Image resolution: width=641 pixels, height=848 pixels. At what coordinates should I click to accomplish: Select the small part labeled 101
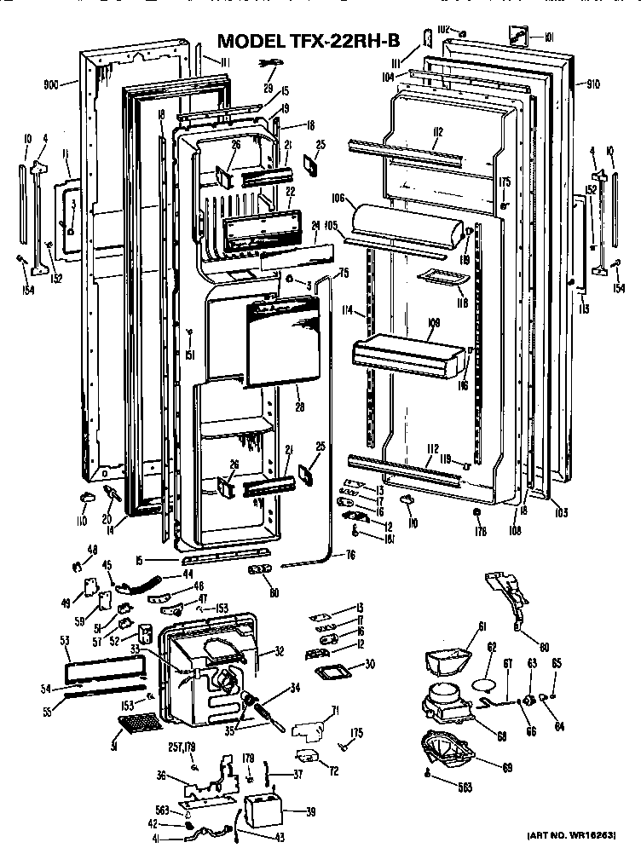click(516, 34)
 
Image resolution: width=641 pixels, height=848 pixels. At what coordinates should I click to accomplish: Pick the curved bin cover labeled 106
click(409, 220)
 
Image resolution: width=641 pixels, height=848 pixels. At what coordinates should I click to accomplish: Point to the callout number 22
click(290, 191)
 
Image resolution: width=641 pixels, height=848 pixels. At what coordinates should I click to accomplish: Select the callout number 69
click(507, 767)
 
